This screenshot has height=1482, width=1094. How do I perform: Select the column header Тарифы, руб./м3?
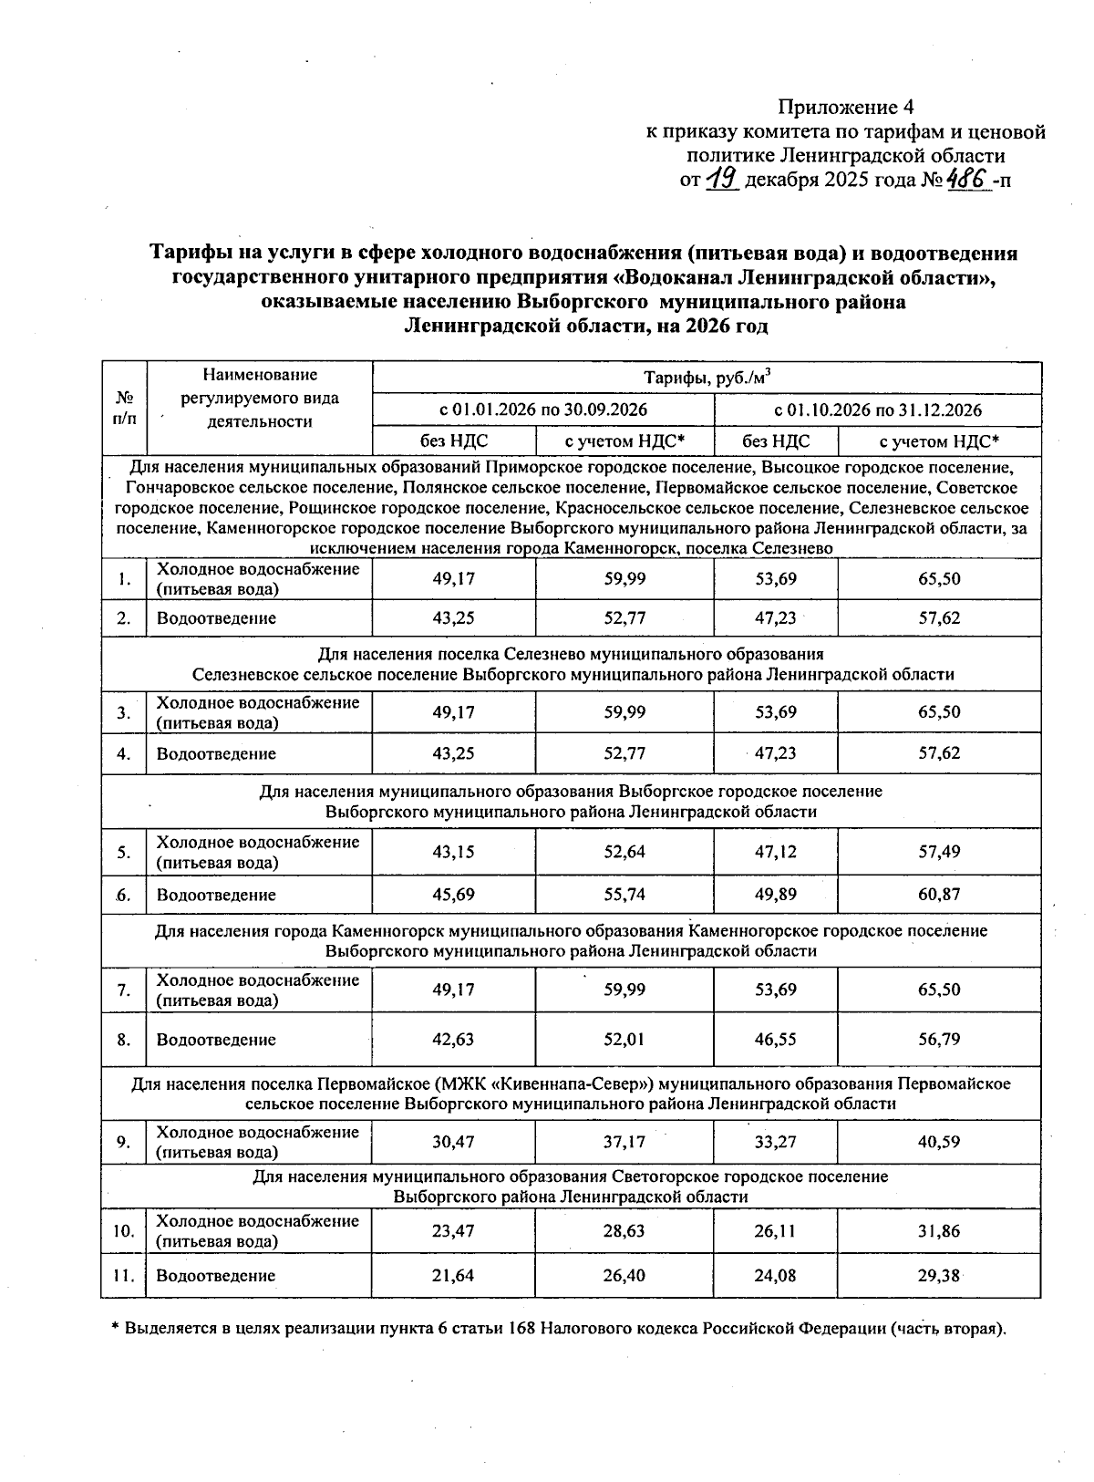coord(707,378)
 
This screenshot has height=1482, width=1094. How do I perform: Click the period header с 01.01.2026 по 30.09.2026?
coord(543,409)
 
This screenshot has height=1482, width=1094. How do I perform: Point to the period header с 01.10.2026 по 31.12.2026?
coord(877,409)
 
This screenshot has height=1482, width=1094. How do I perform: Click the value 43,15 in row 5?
coord(453,852)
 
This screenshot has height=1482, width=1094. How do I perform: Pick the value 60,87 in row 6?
coord(939,895)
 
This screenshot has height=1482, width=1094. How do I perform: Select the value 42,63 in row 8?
coord(453,1040)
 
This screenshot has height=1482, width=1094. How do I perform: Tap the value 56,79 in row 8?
coord(939,1040)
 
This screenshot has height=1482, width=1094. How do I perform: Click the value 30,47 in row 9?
coord(453,1142)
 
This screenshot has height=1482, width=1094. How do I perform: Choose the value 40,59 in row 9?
coord(939,1142)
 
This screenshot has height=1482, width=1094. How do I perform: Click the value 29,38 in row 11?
coord(939,1276)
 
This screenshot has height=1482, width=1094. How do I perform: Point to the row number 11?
coord(123,1276)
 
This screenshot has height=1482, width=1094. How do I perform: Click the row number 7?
coord(123,990)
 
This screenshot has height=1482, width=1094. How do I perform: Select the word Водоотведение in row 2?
coord(216,618)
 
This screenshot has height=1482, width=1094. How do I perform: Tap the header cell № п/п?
coord(123,409)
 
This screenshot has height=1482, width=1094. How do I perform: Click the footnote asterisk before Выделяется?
coord(115,1328)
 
